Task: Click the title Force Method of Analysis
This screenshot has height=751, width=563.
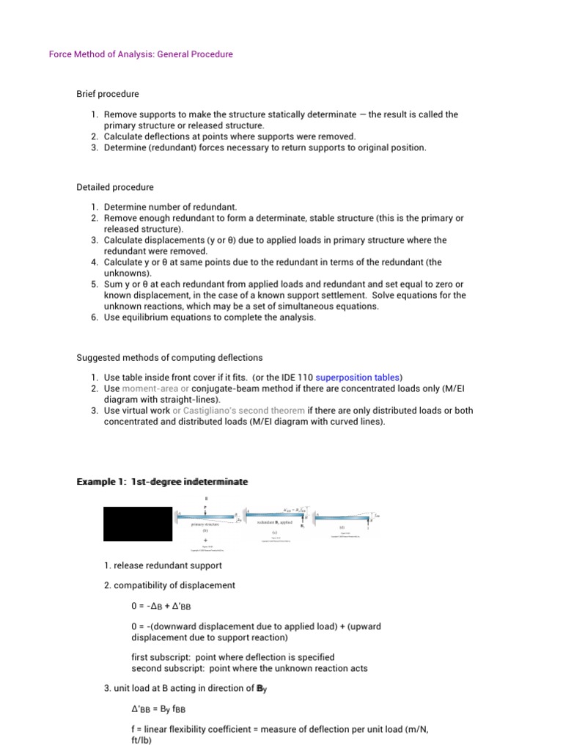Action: [x=140, y=54]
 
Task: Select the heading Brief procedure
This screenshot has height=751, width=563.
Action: [x=108, y=94]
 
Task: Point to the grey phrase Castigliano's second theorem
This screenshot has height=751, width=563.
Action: [x=244, y=411]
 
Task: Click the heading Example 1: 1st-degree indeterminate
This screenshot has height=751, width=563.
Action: [x=162, y=482]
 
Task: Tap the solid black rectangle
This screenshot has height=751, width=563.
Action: [x=139, y=524]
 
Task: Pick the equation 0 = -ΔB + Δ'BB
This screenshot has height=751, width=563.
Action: [x=161, y=607]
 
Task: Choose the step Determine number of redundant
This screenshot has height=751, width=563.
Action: [x=170, y=208]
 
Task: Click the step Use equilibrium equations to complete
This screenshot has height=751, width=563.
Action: [x=210, y=318]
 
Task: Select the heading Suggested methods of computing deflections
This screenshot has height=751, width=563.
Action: [x=169, y=358]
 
